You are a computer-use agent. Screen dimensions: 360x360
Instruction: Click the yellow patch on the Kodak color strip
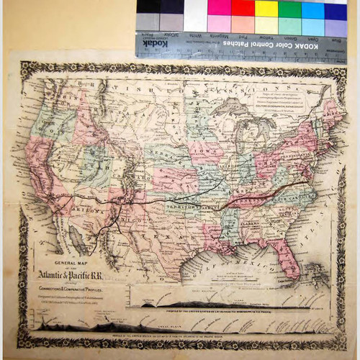266,9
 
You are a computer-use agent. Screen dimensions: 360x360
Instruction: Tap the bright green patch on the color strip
289,9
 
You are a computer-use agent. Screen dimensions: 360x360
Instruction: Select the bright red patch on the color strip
243,9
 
